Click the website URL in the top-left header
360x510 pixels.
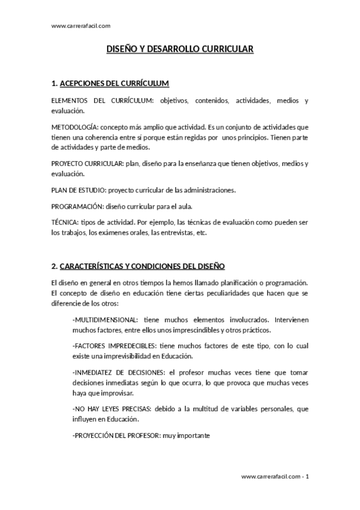[81, 26]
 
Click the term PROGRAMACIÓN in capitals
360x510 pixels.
[78, 206]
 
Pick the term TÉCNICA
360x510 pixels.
[64, 222]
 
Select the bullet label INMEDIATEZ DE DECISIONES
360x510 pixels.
[117, 373]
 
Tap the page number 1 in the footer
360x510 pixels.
[307, 476]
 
